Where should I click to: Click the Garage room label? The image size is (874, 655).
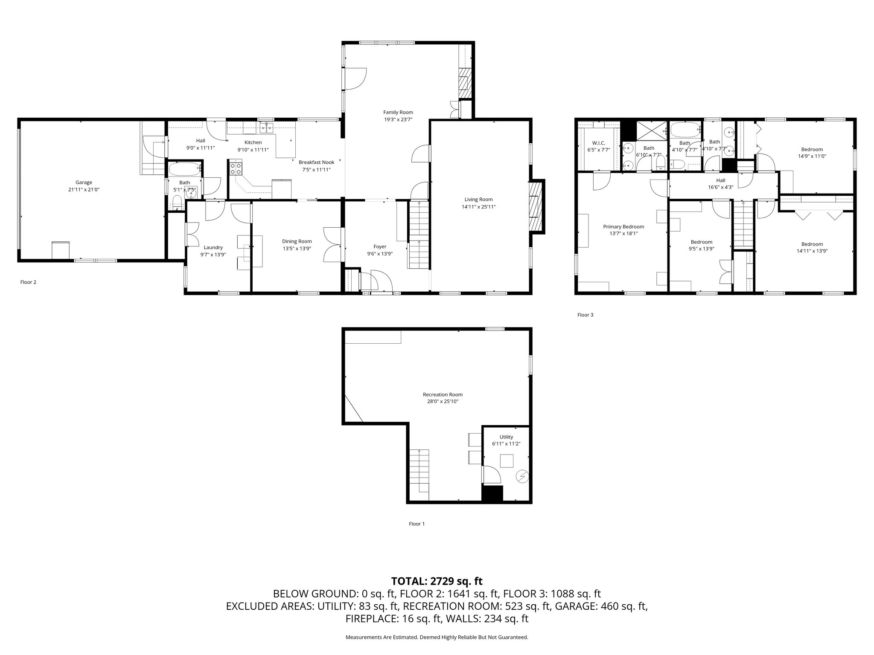[x=84, y=183]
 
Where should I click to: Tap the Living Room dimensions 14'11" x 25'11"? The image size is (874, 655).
[x=478, y=207]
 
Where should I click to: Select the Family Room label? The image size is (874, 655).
[x=398, y=113]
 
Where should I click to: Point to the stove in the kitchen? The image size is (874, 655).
[x=236, y=168]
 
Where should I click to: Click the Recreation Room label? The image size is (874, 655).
[x=443, y=394]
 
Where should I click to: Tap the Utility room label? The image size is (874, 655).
[x=506, y=437]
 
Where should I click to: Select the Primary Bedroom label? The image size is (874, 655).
[x=623, y=227]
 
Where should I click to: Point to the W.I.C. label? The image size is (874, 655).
[x=599, y=143]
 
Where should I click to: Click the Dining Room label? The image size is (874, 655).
[x=297, y=241]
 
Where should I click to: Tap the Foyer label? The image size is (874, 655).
[x=380, y=246]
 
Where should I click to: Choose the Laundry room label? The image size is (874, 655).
[x=213, y=247]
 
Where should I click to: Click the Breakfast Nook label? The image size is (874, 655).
[x=316, y=162]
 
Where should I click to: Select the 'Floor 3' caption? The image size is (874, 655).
[x=585, y=315]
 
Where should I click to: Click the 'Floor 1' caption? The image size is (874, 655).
[x=417, y=524]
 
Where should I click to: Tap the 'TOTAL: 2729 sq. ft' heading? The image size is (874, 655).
[x=437, y=581]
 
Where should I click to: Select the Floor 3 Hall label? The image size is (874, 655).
[x=720, y=180]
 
